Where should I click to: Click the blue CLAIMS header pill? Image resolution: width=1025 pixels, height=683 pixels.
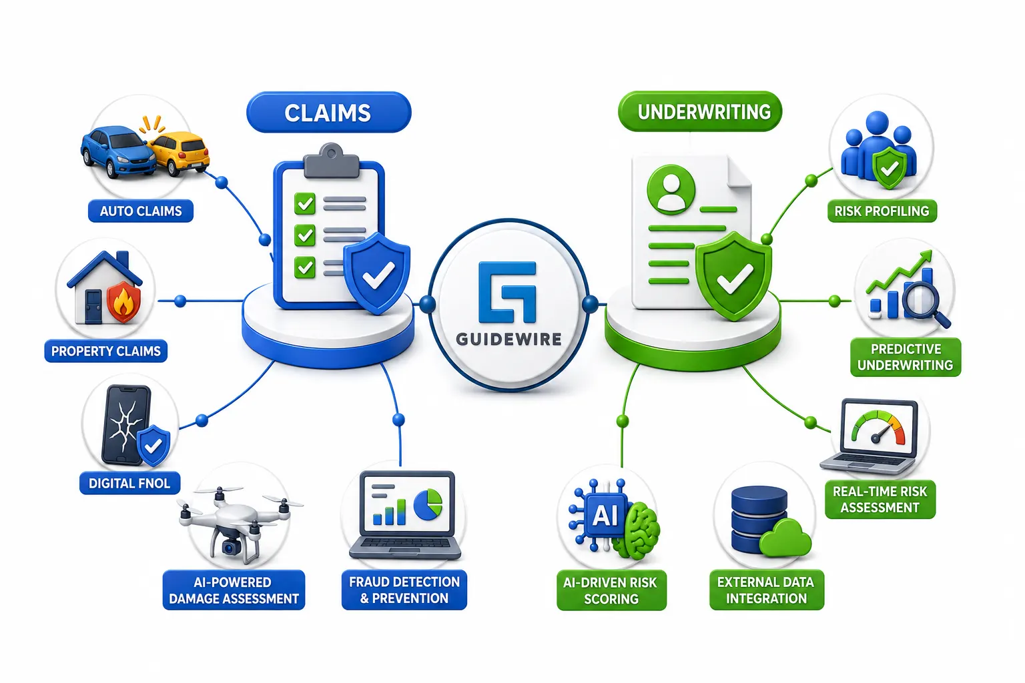coord(328,113)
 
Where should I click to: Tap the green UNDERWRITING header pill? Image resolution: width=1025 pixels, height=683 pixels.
coord(699,111)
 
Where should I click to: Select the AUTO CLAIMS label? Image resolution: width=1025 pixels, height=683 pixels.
coord(141,211)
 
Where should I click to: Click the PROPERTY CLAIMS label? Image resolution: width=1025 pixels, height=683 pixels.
coord(105,351)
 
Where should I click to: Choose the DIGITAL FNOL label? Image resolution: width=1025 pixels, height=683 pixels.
coord(129,483)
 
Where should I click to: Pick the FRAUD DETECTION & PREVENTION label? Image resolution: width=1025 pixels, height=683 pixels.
coord(404,590)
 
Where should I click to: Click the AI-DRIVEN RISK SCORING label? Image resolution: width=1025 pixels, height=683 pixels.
coord(611,590)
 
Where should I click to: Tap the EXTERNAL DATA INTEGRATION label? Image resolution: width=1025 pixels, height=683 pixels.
coord(767,590)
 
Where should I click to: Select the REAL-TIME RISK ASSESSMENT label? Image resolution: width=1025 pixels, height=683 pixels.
coord(880,499)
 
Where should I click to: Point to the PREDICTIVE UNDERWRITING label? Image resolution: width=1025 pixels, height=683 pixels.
coord(906,357)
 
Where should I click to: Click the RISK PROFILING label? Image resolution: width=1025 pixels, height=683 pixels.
coord(882,211)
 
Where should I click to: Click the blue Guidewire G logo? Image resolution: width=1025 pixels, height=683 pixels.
coord(507,292)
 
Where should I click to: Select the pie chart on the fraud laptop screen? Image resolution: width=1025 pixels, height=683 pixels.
coord(428,505)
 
